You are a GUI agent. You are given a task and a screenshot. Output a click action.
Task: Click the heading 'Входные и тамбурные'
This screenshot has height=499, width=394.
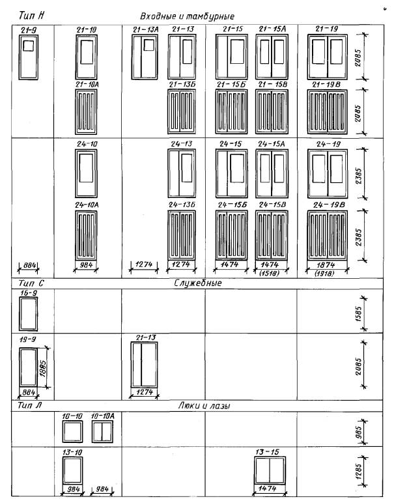(x=187, y=16)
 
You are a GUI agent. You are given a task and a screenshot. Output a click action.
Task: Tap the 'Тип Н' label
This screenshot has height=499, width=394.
(x=31, y=15)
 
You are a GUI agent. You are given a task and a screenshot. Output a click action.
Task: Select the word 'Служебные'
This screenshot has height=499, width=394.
(x=197, y=283)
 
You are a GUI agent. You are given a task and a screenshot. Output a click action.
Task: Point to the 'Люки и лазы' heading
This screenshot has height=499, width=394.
(x=204, y=405)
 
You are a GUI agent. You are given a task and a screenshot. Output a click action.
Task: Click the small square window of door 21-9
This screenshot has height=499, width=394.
(x=28, y=46)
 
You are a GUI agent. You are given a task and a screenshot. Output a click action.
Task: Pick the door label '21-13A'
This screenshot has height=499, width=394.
(x=145, y=29)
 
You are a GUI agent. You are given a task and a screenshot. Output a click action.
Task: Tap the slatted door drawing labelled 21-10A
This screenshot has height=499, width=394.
(x=86, y=111)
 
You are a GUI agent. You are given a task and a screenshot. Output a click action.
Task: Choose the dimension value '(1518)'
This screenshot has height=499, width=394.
(x=269, y=273)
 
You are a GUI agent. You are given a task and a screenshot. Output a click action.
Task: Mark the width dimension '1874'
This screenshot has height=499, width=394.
(x=326, y=264)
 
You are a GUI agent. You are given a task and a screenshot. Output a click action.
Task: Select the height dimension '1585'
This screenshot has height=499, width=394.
(x=358, y=314)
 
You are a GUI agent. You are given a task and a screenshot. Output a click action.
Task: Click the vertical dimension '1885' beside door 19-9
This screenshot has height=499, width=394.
(x=43, y=369)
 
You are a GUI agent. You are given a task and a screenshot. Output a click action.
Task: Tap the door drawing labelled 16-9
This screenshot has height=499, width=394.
(x=28, y=314)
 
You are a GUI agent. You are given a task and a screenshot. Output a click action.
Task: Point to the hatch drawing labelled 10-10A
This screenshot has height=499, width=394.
(x=102, y=431)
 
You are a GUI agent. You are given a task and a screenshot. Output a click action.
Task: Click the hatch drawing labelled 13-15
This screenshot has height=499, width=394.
(x=270, y=470)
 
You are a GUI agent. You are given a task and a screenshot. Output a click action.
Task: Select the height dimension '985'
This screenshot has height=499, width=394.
(x=358, y=432)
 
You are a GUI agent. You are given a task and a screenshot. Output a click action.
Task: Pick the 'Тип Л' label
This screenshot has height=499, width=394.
(x=29, y=405)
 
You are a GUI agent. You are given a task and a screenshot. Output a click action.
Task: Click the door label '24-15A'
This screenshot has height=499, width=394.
(x=272, y=144)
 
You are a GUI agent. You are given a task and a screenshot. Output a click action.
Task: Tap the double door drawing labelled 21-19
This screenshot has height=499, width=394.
(x=327, y=57)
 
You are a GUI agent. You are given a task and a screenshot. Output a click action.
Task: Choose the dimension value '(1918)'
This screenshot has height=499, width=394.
(x=324, y=274)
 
